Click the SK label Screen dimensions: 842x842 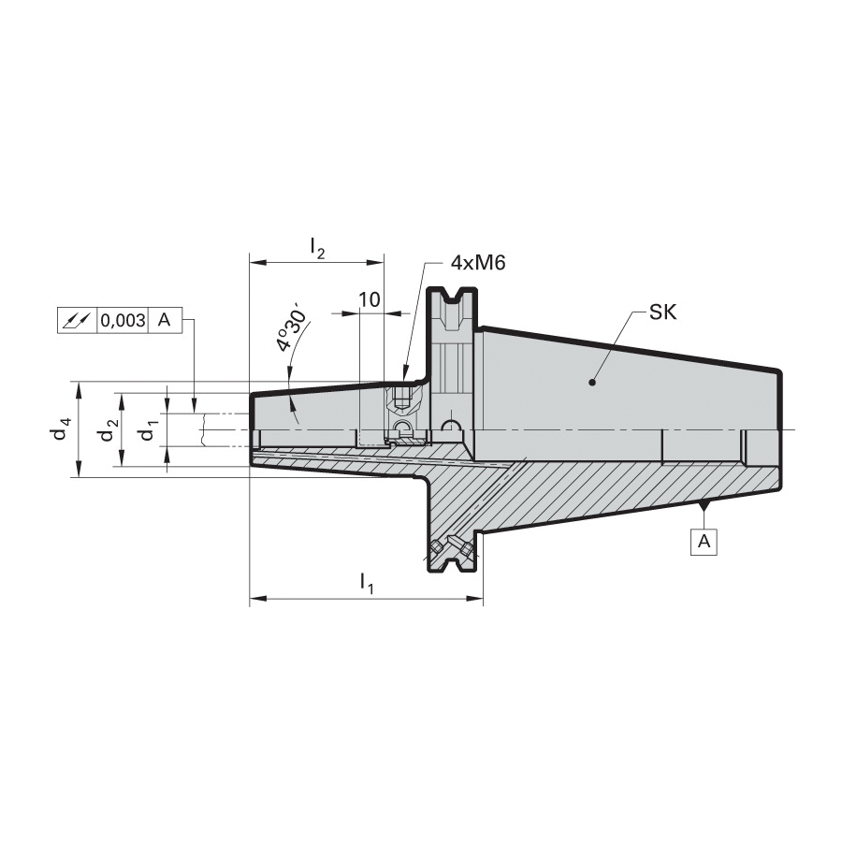point(662,312)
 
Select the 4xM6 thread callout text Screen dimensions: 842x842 point(477,263)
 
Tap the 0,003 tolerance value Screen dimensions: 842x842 point(123,321)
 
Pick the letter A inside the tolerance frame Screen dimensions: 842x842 point(165,320)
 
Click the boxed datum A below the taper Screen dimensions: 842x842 point(704,542)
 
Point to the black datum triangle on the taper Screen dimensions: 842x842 point(704,506)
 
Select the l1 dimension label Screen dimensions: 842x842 point(367,583)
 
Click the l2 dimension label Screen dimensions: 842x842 point(317,248)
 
